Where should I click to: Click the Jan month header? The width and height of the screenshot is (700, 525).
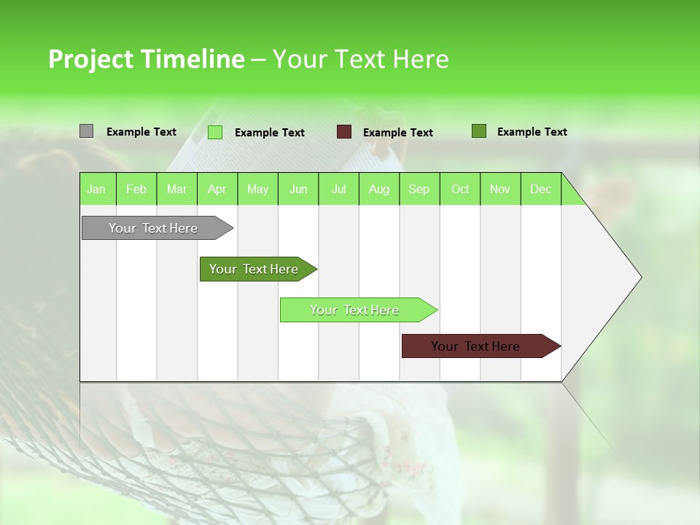96,190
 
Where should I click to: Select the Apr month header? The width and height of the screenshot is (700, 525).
217,190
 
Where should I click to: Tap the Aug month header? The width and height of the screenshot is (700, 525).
378,190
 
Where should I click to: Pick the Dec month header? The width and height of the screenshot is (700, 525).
540,190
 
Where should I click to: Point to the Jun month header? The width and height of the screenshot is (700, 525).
298,190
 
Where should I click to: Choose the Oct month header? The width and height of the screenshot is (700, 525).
460,190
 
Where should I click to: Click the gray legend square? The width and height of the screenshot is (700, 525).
86,131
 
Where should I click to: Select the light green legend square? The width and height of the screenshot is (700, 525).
215,132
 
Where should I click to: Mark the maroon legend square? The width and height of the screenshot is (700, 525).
344,132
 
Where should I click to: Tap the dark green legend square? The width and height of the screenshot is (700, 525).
478,131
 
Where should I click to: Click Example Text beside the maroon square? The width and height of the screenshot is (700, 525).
397,133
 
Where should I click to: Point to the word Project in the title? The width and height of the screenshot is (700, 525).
90,59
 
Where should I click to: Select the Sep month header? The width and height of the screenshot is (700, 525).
419,190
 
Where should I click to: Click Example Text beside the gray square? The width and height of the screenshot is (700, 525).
141,132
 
